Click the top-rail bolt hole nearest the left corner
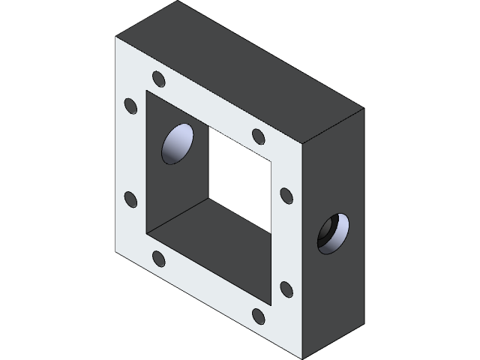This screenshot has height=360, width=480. point(158,79)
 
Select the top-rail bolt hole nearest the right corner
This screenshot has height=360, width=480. point(259,136)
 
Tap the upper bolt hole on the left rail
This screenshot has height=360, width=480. point(130,106)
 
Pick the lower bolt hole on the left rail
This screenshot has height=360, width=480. point(130,199)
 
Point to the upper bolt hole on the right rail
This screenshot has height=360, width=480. point(286,195)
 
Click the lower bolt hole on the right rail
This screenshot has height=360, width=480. point(286,289)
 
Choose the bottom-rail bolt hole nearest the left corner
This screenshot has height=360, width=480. point(158,259)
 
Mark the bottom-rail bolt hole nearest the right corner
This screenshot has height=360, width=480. point(259,316)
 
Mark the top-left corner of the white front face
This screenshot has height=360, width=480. point(117,37)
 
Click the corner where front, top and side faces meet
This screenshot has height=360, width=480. point(303,142)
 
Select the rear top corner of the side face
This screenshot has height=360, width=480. point(364,109)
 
